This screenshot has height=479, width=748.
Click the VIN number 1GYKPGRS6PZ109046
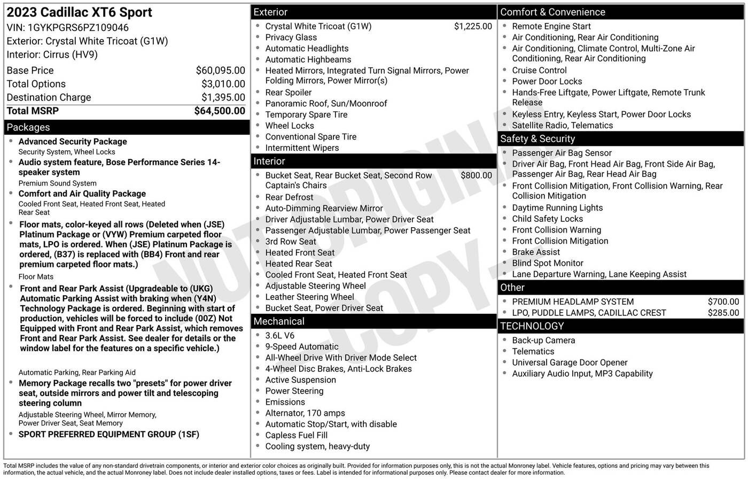(x=79, y=28)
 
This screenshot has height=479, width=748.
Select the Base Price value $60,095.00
(x=220, y=71)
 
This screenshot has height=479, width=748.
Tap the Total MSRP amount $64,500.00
(x=220, y=111)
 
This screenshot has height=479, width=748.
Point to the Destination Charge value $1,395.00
(x=223, y=97)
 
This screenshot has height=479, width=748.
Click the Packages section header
(x=28, y=127)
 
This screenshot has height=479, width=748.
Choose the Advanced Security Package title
(x=73, y=142)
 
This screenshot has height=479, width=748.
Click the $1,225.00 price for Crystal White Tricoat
(x=473, y=26)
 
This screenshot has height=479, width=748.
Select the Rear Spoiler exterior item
(x=289, y=92)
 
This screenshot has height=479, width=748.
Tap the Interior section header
(x=269, y=161)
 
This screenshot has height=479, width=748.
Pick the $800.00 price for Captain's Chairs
(x=476, y=175)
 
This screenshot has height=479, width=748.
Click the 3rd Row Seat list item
(x=291, y=242)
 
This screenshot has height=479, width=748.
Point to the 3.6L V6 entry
(x=280, y=336)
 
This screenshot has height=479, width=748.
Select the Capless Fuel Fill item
(x=297, y=435)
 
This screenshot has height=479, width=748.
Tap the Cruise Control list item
(x=539, y=71)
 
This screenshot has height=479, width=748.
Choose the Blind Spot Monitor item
(x=548, y=263)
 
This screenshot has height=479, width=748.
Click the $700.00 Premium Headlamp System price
(x=723, y=302)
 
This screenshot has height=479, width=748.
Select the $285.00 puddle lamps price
(x=723, y=313)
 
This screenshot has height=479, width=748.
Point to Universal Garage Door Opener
(x=570, y=362)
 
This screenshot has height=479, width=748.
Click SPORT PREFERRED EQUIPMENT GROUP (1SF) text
(x=109, y=435)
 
